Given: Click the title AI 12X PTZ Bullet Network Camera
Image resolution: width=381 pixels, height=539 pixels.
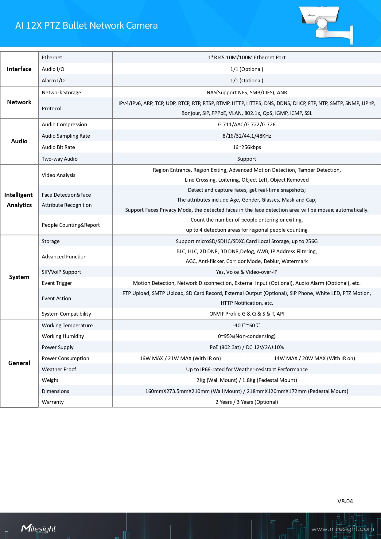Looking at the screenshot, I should [x=86, y=26].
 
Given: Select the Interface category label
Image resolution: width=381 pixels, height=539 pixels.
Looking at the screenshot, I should [x=19, y=69].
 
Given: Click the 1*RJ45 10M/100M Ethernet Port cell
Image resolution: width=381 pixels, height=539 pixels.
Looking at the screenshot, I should [x=247, y=57].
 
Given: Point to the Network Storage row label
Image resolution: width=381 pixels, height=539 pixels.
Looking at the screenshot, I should [x=61, y=92].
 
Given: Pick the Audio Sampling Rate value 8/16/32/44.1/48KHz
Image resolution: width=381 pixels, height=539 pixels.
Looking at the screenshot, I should [x=247, y=136].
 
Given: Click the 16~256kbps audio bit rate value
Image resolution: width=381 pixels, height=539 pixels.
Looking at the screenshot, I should [x=247, y=147].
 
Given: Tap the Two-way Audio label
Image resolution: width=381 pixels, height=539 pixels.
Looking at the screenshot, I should [x=60, y=159].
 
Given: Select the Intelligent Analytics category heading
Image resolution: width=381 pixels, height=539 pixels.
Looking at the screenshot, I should [x=19, y=200].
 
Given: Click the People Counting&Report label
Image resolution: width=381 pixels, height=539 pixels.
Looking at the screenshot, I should [x=71, y=225].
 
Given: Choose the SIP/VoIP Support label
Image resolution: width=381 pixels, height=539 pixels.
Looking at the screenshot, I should [x=61, y=272].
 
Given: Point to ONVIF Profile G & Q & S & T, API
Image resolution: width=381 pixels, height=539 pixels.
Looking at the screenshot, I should [x=247, y=314].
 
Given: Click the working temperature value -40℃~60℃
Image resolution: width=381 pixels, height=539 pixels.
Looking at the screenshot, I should [x=247, y=325].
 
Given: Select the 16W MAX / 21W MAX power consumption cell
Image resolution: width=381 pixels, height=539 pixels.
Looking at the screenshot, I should [x=180, y=358].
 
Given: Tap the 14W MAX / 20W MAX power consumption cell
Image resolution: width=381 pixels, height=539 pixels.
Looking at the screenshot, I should [x=314, y=358].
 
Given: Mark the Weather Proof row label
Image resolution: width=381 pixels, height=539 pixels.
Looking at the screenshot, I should [x=59, y=369].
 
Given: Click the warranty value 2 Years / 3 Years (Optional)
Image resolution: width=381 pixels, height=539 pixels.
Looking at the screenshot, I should [x=247, y=402].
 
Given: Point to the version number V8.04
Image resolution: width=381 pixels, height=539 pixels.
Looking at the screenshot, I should [x=345, y=501].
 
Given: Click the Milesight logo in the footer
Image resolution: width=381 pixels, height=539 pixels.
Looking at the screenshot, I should [x=39, y=529].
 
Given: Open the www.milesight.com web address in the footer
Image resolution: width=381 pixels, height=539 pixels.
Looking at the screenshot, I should [x=342, y=529].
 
